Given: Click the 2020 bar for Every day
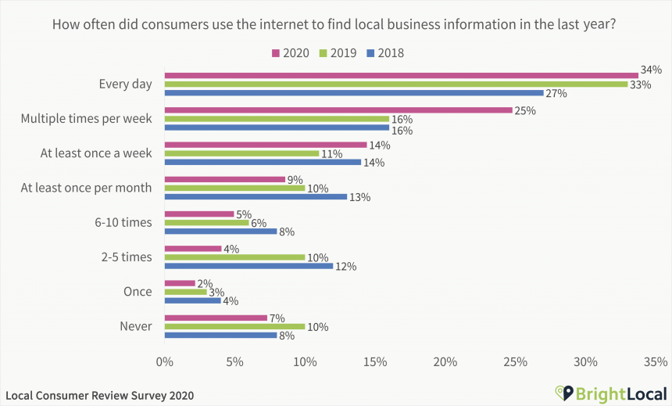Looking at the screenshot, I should click(x=401, y=76).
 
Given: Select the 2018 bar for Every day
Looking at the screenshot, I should click(x=353, y=93).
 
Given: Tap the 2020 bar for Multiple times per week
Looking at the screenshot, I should click(x=338, y=110).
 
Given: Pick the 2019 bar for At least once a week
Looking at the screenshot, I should click(x=241, y=153).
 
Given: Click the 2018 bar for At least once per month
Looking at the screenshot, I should click(x=256, y=196).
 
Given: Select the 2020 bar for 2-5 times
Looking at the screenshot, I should click(x=192, y=249).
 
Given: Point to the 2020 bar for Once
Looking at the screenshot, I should click(x=179, y=283).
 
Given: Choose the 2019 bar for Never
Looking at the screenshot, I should click(x=234, y=326).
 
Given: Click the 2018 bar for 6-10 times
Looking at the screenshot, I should click(x=220, y=231).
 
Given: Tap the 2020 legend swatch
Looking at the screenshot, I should click(x=275, y=53).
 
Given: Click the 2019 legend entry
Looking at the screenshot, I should click(x=337, y=53).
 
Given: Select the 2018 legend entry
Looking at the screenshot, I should click(x=384, y=53).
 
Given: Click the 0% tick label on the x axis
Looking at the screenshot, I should click(x=164, y=361).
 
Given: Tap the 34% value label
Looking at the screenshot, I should click(x=651, y=70).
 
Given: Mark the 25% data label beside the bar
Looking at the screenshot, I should click(x=524, y=110).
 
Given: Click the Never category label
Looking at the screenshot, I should click(x=137, y=326).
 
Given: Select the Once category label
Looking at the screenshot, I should click(x=138, y=292).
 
